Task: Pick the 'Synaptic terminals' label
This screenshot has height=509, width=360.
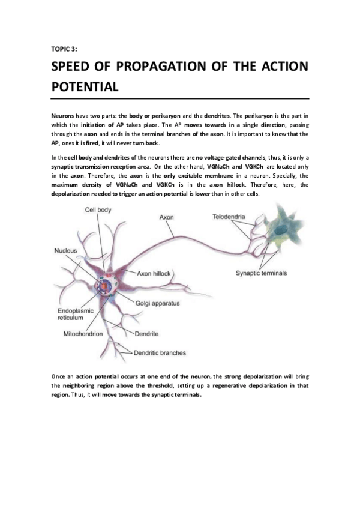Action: pyautogui.click(x=261, y=273)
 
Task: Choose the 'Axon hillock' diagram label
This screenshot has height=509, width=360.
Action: pyautogui.click(x=154, y=273)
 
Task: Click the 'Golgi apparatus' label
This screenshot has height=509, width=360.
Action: pyautogui.click(x=158, y=304)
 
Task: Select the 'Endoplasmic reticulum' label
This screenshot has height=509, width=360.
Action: pyautogui.click(x=75, y=315)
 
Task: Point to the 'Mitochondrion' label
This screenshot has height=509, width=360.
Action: pyautogui.click(x=83, y=333)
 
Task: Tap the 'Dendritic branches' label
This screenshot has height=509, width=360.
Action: pyautogui.click(x=159, y=353)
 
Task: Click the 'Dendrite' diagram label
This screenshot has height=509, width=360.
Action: pyautogui.click(x=146, y=333)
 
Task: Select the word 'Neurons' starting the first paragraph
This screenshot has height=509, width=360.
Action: pyautogui.click(x=63, y=114)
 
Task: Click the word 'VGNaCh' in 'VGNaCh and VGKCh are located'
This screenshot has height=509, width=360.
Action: pyautogui.click(x=220, y=166)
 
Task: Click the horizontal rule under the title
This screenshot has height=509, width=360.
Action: pyautogui.click(x=180, y=98)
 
